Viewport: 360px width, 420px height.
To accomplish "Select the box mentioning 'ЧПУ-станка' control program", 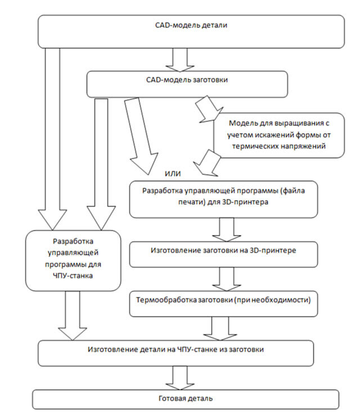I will coord(74,260).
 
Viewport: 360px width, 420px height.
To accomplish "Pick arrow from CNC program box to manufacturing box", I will coord(74,315).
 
